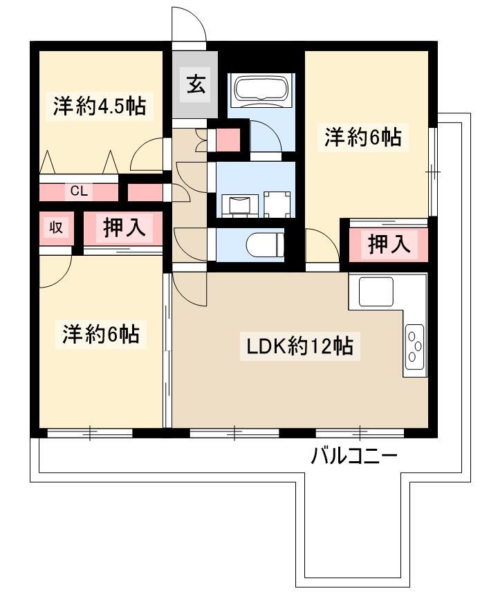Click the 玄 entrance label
[x=196, y=84]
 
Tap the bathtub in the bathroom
[x=261, y=89]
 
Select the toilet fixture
[x=265, y=245]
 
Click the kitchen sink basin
[x=376, y=291]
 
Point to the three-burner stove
[x=414, y=346]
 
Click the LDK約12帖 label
[x=299, y=346]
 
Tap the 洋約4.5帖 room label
[x=100, y=106]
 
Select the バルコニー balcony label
[x=354, y=455]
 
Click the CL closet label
[x=79, y=190]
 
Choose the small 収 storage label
[x=56, y=227]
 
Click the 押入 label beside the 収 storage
[x=124, y=227]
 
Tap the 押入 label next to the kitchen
[x=389, y=243]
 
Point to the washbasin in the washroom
[x=239, y=205]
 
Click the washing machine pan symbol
[x=277, y=204]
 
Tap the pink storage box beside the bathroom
[x=228, y=140]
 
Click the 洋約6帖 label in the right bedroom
[x=362, y=137]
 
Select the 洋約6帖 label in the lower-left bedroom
[x=101, y=333]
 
